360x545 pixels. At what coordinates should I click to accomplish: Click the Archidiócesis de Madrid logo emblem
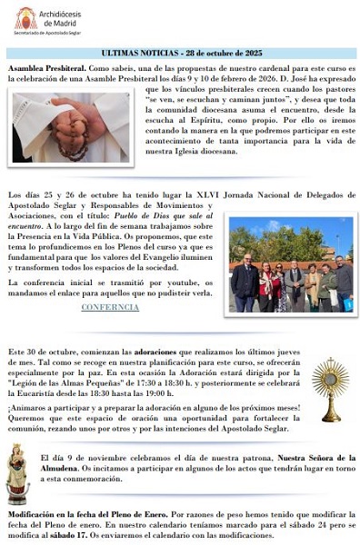click(x=25, y=17)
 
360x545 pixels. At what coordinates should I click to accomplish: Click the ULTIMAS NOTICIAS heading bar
click(x=181, y=54)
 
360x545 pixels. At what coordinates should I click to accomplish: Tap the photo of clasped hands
click(x=70, y=126)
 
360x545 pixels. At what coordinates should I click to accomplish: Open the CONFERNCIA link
click(x=110, y=307)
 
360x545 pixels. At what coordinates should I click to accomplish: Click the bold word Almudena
click(x=62, y=469)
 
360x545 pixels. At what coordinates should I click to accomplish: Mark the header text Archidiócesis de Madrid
click(x=65, y=16)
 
